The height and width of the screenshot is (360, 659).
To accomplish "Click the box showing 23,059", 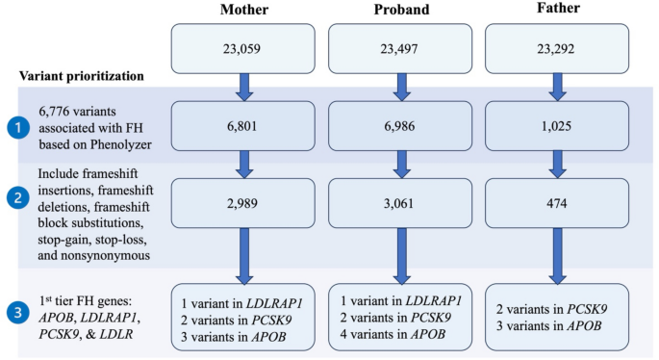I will pyautogui.click(x=245, y=49).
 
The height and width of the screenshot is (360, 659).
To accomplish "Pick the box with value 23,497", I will pyautogui.click(x=401, y=49).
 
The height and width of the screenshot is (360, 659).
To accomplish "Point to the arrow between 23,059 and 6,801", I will pyautogui.click(x=245, y=88).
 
